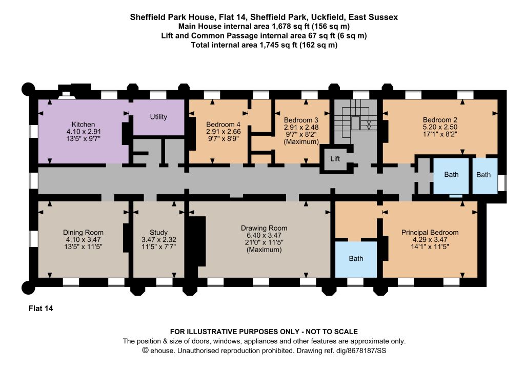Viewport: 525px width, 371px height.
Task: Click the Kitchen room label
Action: coord(83,125)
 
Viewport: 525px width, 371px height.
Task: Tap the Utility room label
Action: coord(158,117)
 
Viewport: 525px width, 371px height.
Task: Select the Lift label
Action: coord(335,158)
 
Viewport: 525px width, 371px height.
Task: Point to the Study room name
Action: coord(159,233)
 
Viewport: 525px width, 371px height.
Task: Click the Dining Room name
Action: coord(84,233)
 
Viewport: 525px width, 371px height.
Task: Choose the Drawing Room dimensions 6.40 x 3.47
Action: coord(264,236)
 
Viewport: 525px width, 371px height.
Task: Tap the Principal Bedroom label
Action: coord(430,233)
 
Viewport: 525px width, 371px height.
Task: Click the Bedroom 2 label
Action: coord(440,120)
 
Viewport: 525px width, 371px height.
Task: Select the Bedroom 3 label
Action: coord(301,120)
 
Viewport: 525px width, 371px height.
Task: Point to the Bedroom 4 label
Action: coord(224,125)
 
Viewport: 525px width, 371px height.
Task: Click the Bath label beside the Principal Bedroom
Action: coord(356,259)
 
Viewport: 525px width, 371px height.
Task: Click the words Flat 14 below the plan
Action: coord(41,308)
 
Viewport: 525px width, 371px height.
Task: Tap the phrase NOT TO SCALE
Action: coord(332,332)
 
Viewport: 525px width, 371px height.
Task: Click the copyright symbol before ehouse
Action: coord(145,351)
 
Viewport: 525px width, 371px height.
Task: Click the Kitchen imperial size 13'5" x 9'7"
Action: coord(84,139)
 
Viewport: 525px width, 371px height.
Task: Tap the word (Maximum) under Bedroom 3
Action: coord(301,142)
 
